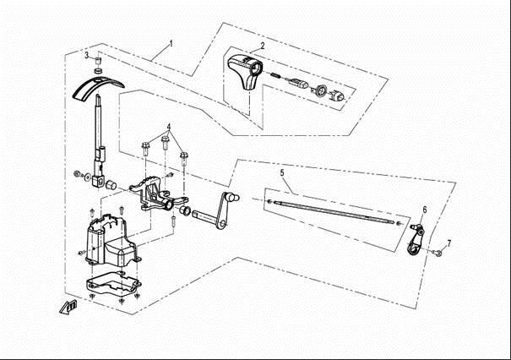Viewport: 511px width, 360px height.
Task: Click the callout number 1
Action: [171, 44]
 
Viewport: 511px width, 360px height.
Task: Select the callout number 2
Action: [263, 46]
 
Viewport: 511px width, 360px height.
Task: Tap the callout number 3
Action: [87, 55]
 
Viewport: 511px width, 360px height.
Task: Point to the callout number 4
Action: [169, 127]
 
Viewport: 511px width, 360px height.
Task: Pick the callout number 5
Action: [282, 173]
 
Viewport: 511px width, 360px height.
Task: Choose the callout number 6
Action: [425, 210]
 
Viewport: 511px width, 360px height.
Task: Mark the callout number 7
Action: [449, 243]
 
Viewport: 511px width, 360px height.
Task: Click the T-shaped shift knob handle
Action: [245, 72]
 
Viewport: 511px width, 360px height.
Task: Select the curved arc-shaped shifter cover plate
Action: [98, 88]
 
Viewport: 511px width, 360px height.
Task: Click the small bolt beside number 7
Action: [438, 253]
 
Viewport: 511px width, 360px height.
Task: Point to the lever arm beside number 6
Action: [416, 238]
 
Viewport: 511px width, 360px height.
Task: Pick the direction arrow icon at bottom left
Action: [68, 307]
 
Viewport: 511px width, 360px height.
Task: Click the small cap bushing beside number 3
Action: [97, 61]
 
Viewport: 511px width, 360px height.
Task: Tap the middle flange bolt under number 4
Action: [166, 143]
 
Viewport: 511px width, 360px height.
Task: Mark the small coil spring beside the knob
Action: [275, 75]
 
